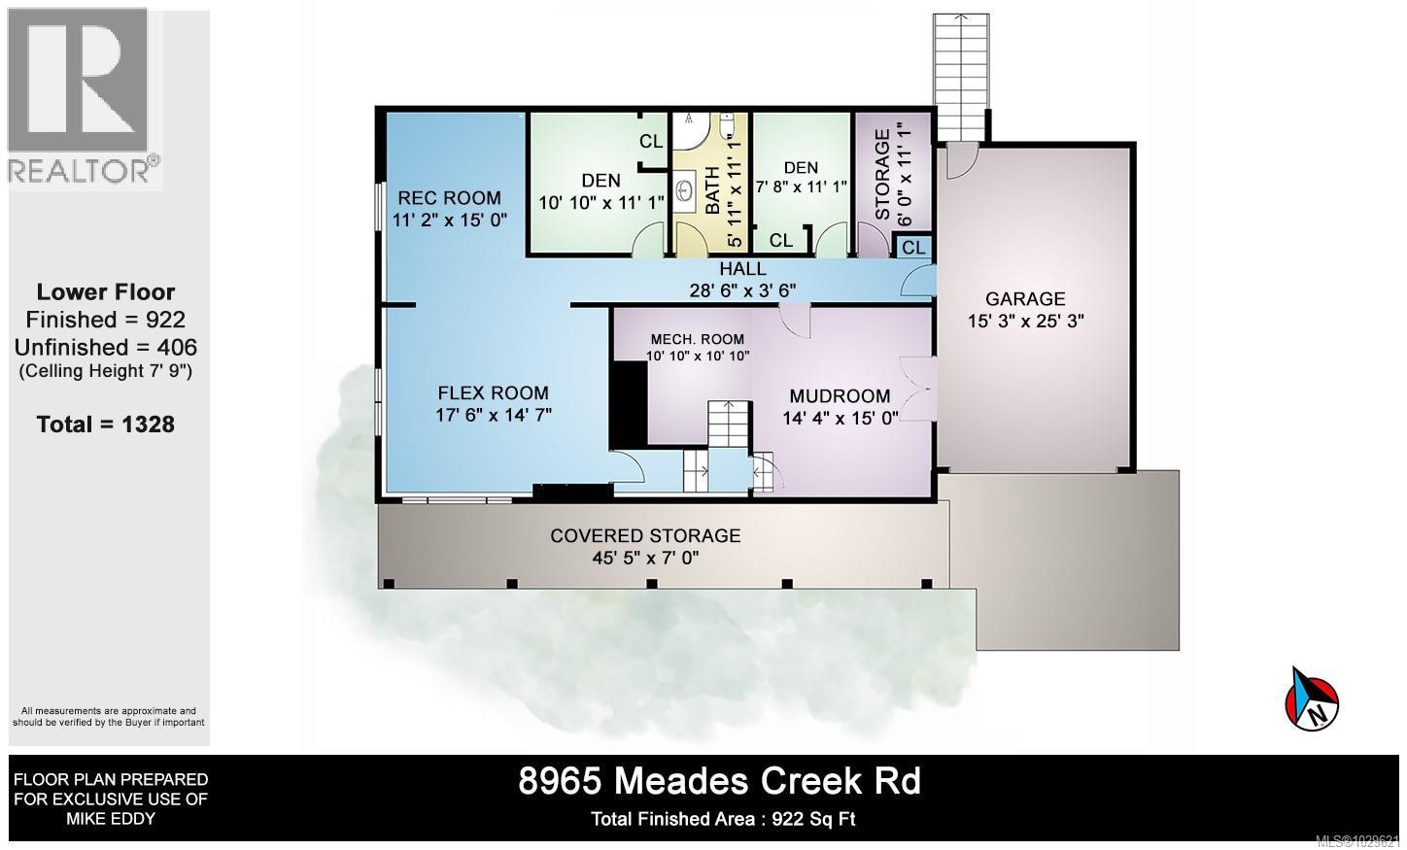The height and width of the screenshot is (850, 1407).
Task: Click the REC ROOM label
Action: tap(449, 198)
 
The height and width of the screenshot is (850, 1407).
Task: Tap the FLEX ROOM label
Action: tap(493, 393)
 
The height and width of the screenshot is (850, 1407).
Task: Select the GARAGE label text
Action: tap(1025, 299)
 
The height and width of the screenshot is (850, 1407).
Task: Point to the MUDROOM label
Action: tap(840, 395)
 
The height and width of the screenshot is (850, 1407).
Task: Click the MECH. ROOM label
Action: tap(697, 339)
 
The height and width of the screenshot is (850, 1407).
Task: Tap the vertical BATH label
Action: tap(712, 190)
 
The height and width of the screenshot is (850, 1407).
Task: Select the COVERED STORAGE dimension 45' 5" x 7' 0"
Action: tap(645, 558)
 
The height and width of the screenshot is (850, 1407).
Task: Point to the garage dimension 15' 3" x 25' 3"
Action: tap(1025, 321)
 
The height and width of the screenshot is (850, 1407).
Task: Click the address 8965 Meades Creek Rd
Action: tap(719, 781)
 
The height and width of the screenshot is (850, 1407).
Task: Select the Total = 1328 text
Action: tap(105, 424)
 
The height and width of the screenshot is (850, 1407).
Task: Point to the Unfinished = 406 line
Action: tap(105, 347)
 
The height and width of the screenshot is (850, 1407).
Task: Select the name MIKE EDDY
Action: tap(110, 818)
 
